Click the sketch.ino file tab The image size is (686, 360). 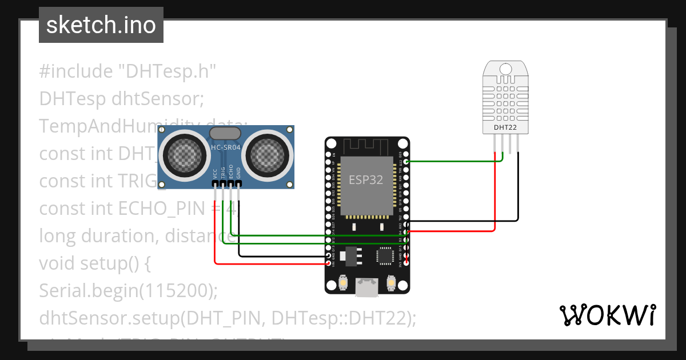click(x=101, y=25)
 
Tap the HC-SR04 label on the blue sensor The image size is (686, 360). click(x=225, y=147)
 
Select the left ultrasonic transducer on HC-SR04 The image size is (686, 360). click(x=184, y=153)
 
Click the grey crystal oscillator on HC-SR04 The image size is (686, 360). click(x=225, y=133)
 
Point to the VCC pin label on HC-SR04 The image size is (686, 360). click(x=215, y=174)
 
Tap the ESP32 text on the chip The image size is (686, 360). click(x=366, y=179)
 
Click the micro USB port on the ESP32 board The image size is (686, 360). click(x=366, y=287)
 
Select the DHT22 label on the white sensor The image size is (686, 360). click(x=505, y=127)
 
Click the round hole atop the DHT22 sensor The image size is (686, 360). click(x=505, y=70)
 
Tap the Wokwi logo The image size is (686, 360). click(x=607, y=315)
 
